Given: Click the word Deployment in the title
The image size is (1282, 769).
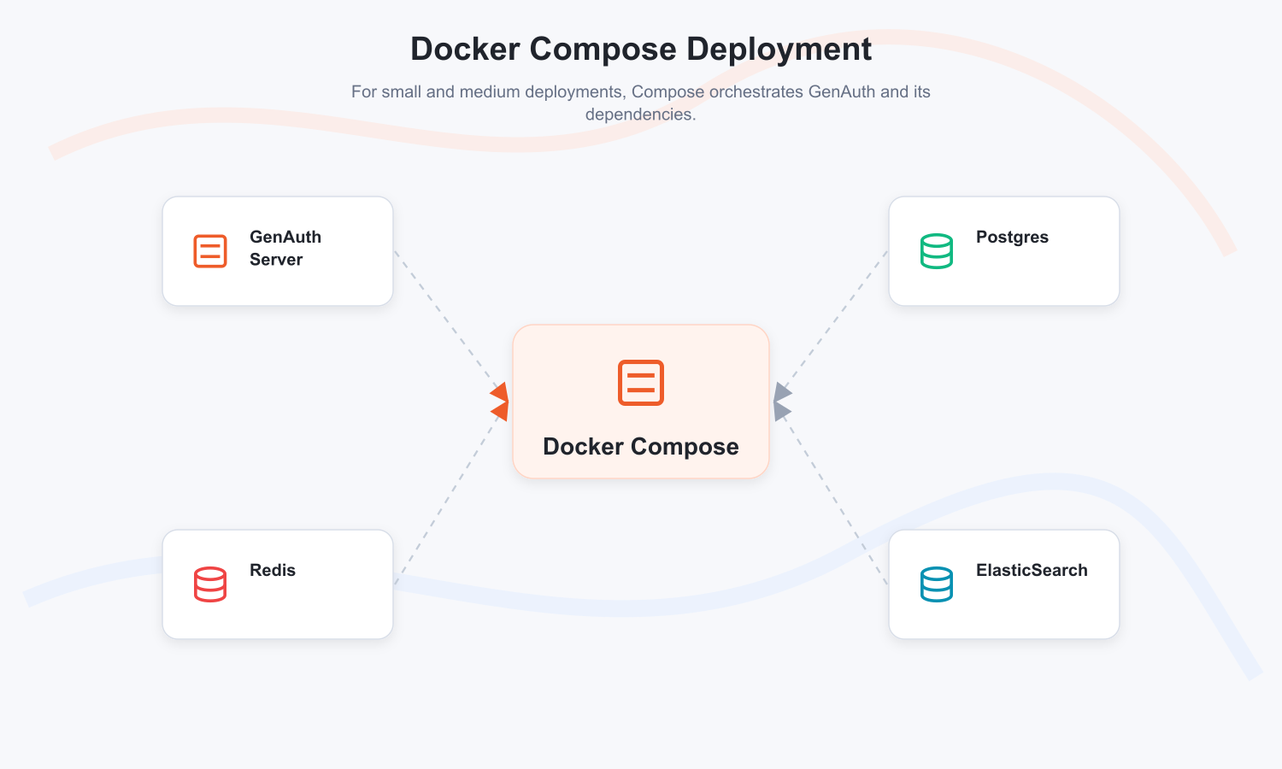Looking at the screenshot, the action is (779, 50).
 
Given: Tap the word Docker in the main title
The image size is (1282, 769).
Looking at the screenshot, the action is (465, 50).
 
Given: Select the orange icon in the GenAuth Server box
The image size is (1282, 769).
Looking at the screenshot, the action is (210, 250).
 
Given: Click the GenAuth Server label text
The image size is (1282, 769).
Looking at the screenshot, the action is (285, 248).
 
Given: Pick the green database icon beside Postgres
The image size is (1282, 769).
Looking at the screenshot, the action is (937, 250).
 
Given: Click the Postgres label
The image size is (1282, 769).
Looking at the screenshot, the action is (1012, 237).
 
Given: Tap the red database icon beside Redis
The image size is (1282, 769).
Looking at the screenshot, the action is (210, 584).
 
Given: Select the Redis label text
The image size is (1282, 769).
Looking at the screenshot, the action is (273, 570).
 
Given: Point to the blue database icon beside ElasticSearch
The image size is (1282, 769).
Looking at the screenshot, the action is (937, 584).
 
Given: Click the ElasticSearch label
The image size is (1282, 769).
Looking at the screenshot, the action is (1032, 570).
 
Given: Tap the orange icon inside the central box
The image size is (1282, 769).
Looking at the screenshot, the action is (641, 383).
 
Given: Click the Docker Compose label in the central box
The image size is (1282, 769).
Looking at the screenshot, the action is (641, 446).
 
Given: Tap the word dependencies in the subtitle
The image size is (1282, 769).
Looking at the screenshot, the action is (640, 114).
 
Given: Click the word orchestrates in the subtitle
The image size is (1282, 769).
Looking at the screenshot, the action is (756, 91).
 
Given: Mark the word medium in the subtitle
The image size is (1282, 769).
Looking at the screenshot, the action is (492, 91).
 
